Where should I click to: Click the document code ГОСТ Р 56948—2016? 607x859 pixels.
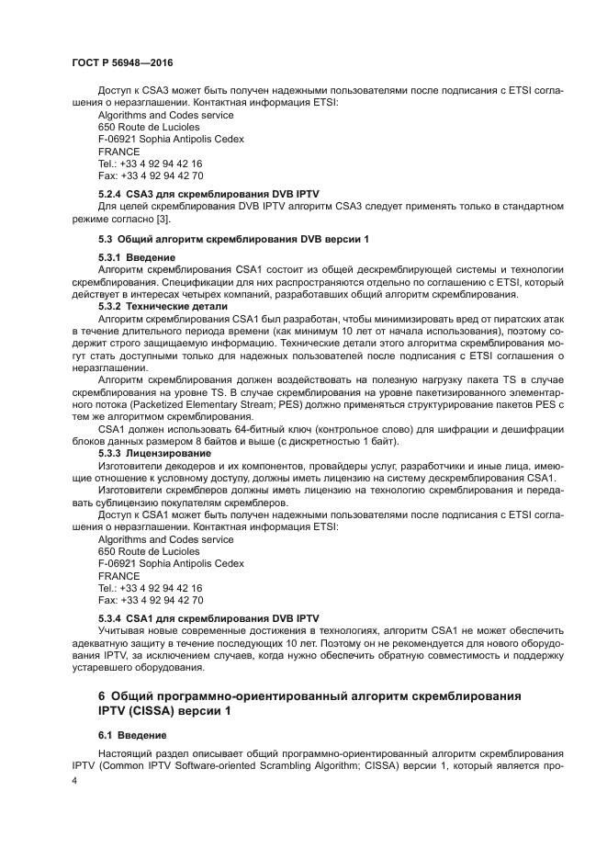122,62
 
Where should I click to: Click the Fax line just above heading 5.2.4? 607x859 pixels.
151,175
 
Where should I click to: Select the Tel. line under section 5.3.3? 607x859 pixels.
151,588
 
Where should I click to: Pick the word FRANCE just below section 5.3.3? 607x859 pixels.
119,576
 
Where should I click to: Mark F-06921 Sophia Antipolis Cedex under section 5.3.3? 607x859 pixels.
171,563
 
